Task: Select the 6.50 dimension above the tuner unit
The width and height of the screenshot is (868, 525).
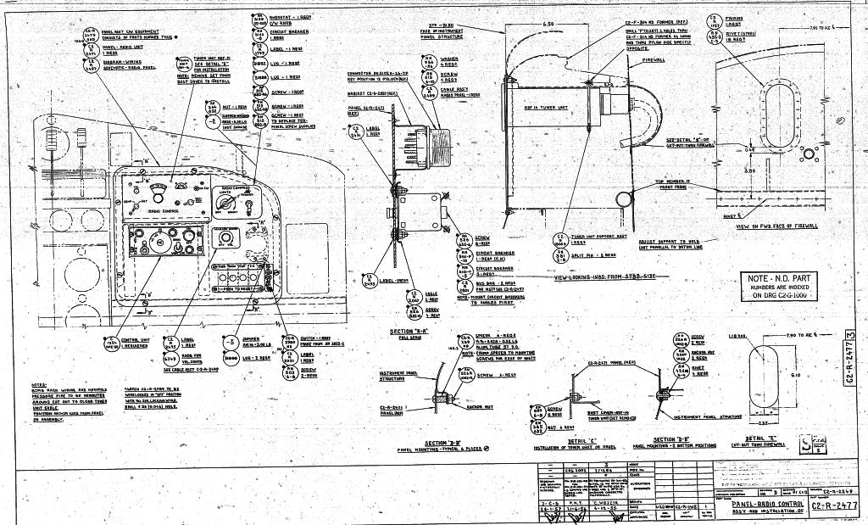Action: (548, 25)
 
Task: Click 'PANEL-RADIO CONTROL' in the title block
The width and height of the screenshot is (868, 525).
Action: (764, 503)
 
